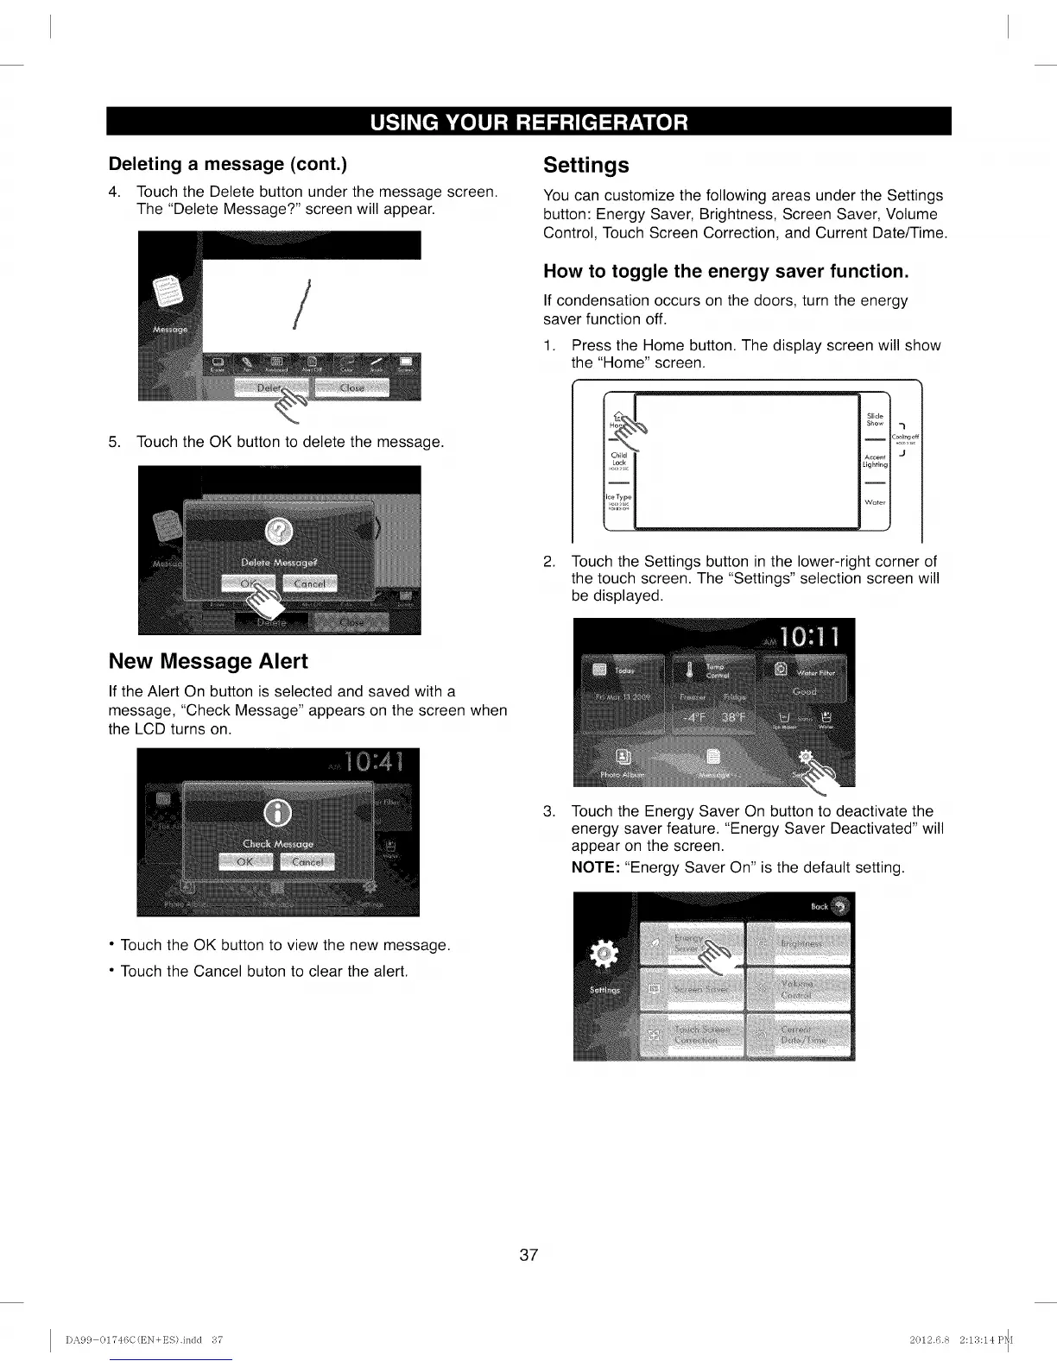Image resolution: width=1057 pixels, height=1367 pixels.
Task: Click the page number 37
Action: (528, 1255)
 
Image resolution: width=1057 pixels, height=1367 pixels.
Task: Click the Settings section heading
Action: (585, 165)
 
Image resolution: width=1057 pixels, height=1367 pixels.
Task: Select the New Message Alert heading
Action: (208, 661)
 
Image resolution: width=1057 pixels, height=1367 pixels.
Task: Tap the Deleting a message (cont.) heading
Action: (228, 164)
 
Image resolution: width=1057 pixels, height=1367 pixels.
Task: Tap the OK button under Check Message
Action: (245, 862)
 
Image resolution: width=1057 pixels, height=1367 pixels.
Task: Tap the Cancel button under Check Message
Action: (307, 862)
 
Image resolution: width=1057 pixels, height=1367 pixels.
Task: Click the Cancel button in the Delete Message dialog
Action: (309, 584)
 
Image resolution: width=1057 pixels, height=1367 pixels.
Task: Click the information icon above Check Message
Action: (276, 812)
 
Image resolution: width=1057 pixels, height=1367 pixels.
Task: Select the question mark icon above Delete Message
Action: (279, 530)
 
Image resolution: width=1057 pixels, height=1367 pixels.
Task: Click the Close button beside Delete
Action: (352, 388)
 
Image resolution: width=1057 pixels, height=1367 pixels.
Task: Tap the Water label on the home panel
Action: (875, 502)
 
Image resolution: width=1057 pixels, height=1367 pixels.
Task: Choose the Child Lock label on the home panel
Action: (619, 458)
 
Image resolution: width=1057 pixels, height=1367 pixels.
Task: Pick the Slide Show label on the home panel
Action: (875, 419)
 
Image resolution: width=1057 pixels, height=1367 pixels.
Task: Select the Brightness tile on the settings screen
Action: (798, 943)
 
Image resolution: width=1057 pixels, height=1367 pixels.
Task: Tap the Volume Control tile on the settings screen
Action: (798, 989)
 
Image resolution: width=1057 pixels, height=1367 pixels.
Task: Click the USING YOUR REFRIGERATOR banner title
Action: (528, 122)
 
